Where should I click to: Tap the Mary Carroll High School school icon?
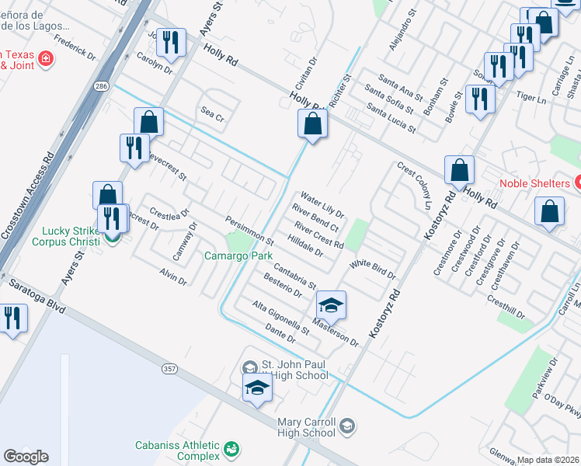pos(347,425)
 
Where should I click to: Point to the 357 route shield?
pos(170,368)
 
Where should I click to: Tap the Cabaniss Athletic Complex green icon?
pos(231,449)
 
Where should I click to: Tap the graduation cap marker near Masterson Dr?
pos(331,305)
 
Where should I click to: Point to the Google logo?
pos(26,457)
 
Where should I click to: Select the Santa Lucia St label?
pos(391,120)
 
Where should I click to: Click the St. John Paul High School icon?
pos(250,367)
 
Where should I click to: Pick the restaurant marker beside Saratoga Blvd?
pos(12,318)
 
